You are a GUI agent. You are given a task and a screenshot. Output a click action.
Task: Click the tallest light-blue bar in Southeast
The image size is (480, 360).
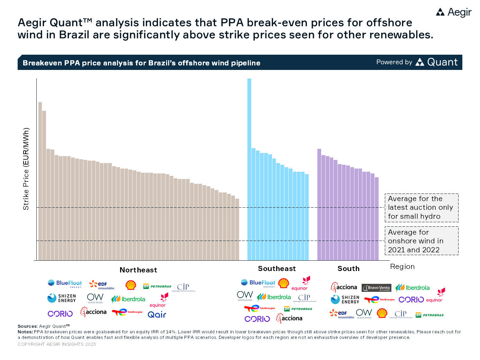[249, 170]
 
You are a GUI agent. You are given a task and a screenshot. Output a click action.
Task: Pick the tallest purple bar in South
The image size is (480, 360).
[319, 205]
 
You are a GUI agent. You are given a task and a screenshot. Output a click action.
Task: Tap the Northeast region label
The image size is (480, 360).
[138, 270]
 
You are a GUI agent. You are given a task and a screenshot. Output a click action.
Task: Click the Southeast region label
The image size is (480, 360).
[277, 269]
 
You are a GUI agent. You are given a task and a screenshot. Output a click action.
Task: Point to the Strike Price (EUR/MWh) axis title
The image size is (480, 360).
[26, 169]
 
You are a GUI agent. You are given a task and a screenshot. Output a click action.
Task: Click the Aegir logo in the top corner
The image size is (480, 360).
[454, 12]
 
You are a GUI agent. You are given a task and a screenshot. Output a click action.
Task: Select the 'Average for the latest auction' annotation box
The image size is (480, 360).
[421, 208]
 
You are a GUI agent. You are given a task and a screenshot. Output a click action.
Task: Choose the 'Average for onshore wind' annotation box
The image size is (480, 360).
[421, 241]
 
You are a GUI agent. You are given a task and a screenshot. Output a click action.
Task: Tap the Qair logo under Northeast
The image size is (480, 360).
[157, 315]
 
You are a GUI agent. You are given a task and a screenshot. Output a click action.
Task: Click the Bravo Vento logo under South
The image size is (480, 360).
[376, 288]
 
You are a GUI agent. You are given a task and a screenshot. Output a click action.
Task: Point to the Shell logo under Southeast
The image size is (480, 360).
[284, 283]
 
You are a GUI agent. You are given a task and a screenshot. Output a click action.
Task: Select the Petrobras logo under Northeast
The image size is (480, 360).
[157, 286]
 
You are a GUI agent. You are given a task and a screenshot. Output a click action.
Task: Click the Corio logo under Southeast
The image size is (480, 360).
[257, 319]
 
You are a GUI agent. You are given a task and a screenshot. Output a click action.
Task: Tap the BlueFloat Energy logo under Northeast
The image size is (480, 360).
[65, 283]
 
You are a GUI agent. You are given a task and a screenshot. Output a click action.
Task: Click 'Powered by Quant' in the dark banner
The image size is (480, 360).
[417, 62]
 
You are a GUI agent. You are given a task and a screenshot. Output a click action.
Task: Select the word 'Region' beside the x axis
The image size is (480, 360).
[402, 267]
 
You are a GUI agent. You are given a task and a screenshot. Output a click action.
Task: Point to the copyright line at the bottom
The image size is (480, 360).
[57, 344]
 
